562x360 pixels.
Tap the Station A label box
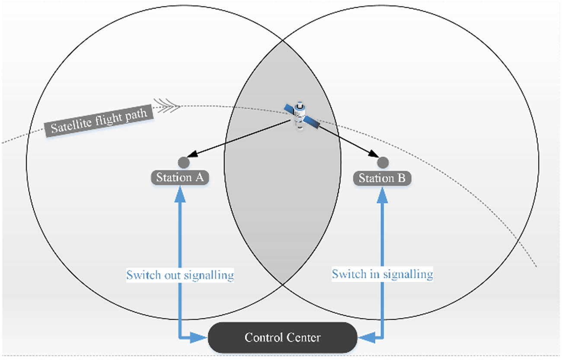(x=180, y=178)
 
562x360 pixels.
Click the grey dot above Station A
(x=184, y=162)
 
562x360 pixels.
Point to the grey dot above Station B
(x=383, y=162)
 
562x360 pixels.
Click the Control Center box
(x=282, y=337)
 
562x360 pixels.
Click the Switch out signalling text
(x=180, y=275)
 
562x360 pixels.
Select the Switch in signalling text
(x=382, y=274)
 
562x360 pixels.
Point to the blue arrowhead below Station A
(x=180, y=195)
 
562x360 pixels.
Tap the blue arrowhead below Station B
(x=382, y=195)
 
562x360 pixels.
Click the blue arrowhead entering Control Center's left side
(x=200, y=338)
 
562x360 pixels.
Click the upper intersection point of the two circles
(x=283, y=41)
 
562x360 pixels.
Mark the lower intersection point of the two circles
(x=283, y=284)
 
